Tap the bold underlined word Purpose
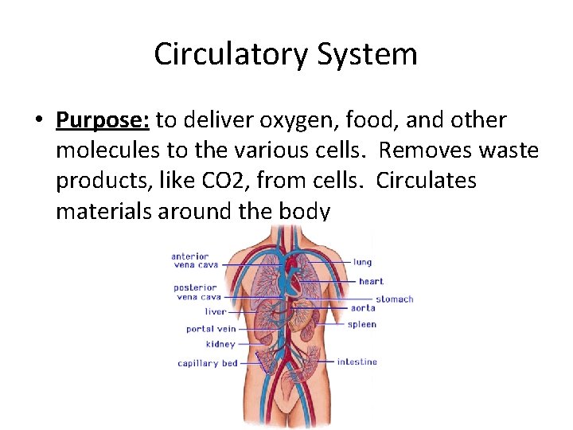coord(102,120)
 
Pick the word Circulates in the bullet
coord(427,181)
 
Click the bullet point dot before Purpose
coord(38,121)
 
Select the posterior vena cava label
coord(196,292)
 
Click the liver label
coord(215,312)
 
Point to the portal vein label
coord(211,329)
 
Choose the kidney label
coord(220,345)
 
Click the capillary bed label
coord(208,363)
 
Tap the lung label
coord(362,262)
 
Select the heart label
coord(371,281)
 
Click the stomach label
coord(394,299)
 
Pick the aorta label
coord(363,307)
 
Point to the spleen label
coord(362,324)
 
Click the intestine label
coord(357,362)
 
